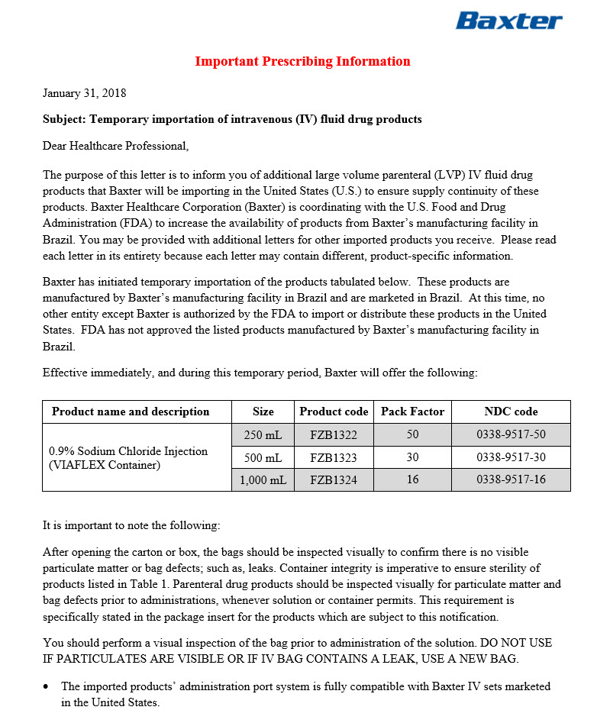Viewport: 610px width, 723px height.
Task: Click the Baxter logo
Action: (508, 21)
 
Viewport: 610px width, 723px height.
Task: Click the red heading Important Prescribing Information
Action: (302, 62)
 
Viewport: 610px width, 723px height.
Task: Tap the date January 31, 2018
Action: (84, 93)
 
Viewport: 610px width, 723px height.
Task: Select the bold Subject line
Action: (232, 119)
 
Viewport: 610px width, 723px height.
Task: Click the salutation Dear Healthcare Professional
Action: (115, 145)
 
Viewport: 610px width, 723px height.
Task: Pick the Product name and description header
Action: (131, 412)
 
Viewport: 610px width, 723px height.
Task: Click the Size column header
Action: (263, 412)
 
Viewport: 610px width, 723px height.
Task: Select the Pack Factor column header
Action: (412, 412)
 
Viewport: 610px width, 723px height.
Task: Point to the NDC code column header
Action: (511, 412)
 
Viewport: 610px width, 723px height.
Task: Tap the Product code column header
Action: (334, 412)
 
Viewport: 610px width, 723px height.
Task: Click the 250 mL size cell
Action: (263, 435)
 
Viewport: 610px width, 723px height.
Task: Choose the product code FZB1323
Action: (334, 458)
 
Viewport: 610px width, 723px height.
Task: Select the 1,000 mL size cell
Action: (263, 480)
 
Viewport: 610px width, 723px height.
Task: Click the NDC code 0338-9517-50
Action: (511, 435)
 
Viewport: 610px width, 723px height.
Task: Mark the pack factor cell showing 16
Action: (412, 480)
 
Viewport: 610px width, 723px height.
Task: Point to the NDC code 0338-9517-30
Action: (511, 458)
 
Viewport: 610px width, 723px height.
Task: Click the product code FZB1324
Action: (334, 480)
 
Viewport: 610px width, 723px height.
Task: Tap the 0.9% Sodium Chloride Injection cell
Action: (128, 457)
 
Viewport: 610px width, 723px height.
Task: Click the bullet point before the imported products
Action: (47, 687)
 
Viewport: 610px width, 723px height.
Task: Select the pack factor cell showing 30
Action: (412, 458)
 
